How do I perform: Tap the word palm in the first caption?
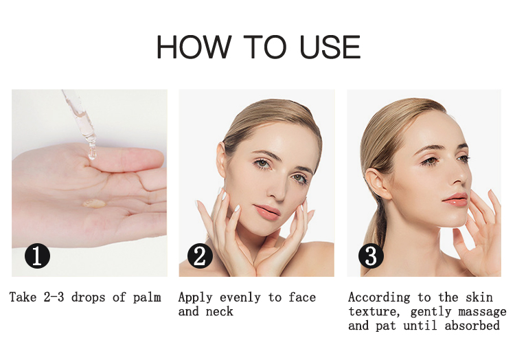click(146, 297)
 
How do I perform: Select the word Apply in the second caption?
click(196, 297)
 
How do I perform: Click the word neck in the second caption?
click(220, 312)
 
